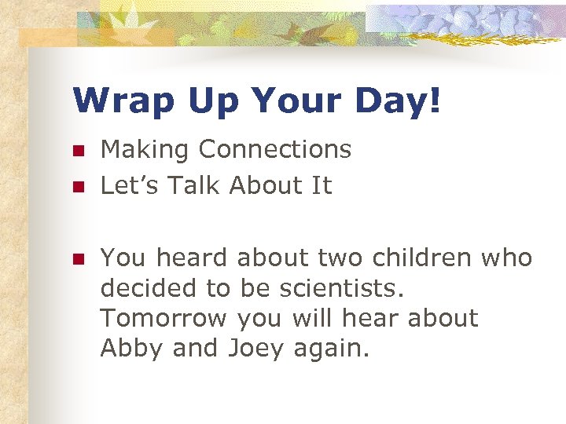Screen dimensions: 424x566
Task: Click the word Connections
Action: (275, 149)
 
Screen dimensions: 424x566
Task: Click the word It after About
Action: (322, 186)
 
